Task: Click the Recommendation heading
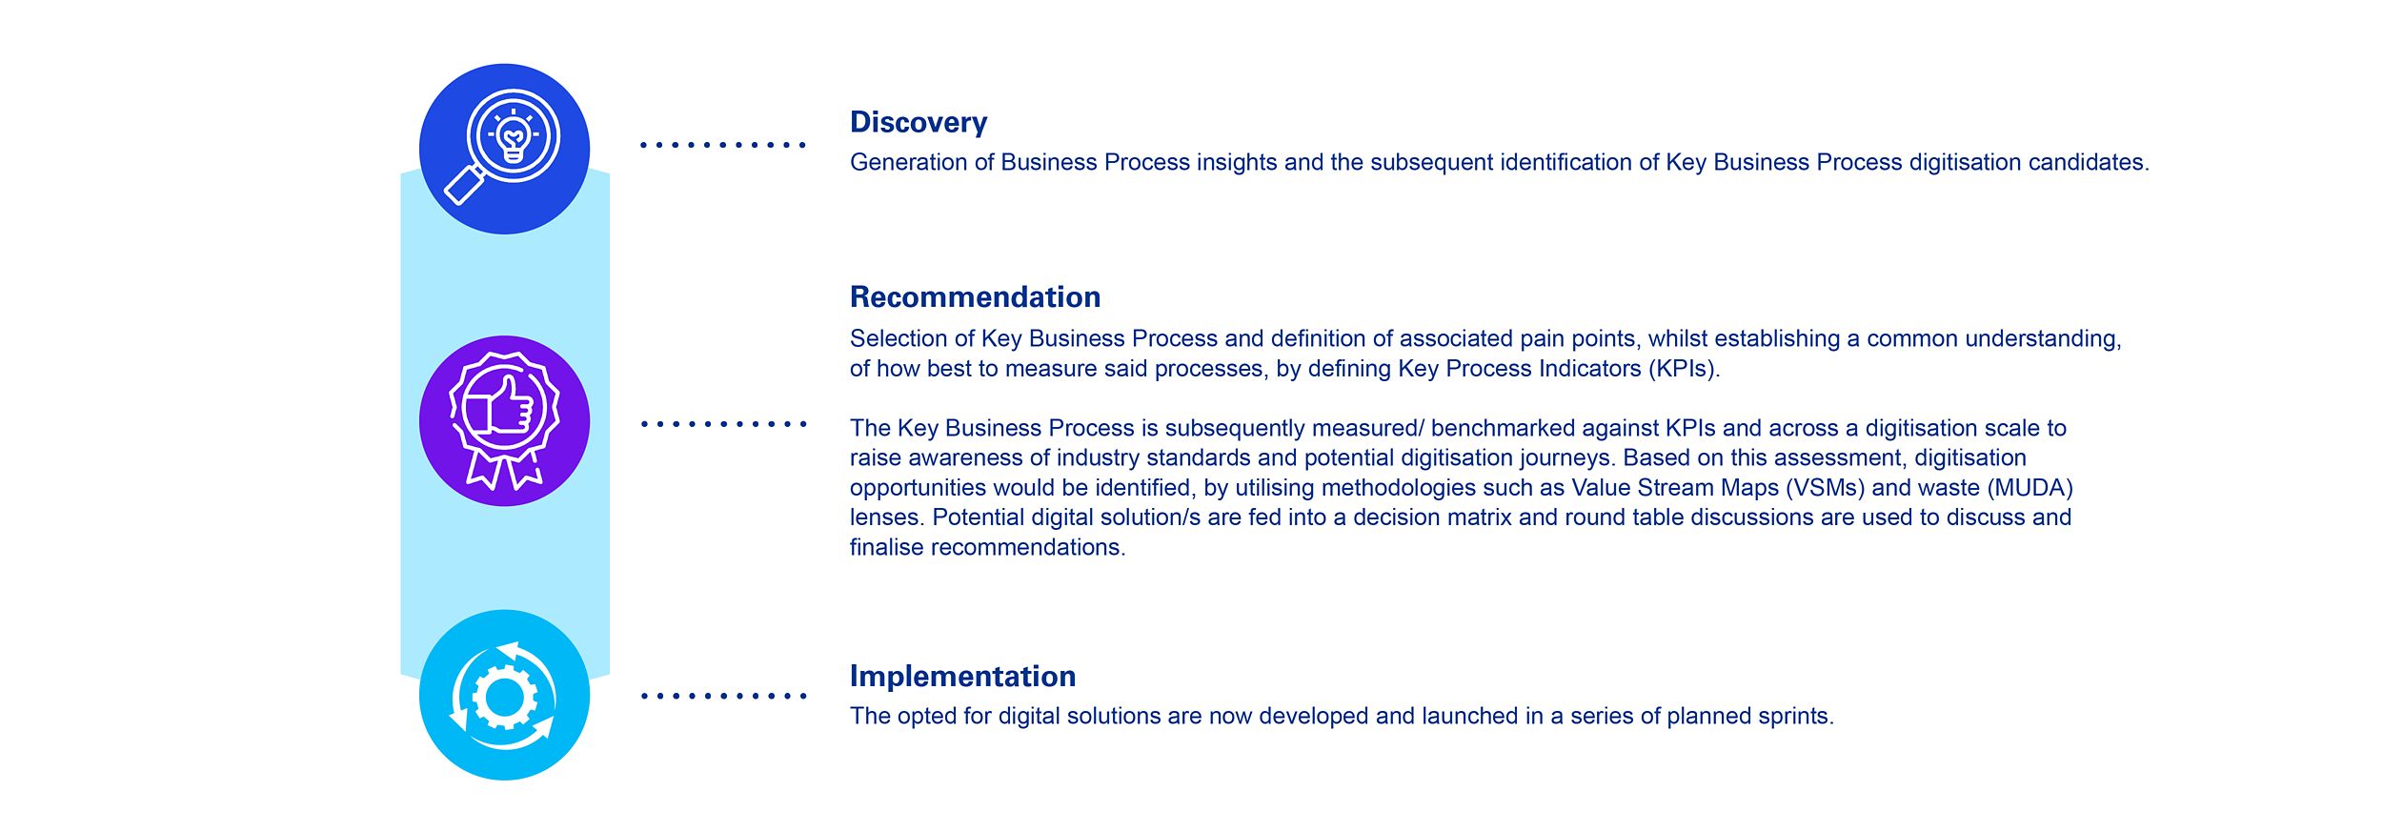pos(975,297)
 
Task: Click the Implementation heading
pos(962,677)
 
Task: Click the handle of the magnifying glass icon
pos(464,185)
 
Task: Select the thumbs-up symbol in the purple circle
pos(502,408)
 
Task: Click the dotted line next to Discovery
pos(723,145)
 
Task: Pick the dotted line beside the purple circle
pos(723,424)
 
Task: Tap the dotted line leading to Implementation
pos(723,696)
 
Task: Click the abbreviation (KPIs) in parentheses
pos(1684,370)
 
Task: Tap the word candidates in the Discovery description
pos(2089,163)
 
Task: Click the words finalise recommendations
pos(987,548)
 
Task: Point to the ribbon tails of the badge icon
pos(505,469)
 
